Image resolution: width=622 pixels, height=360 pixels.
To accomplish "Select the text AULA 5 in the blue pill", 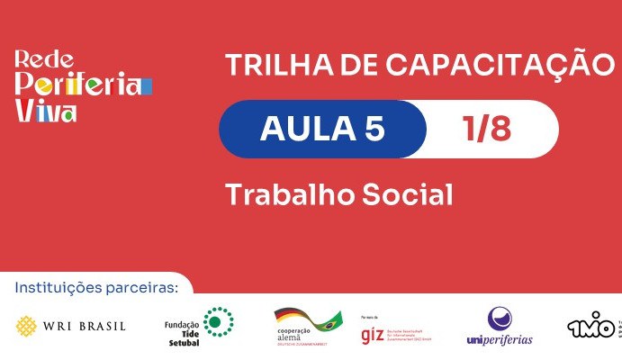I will pos(322,130).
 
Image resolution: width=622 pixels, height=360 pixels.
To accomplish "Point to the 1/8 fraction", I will pos(487,130).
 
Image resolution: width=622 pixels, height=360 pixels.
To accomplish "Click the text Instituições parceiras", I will pos(96,288).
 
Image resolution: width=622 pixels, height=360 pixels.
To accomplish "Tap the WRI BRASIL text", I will pos(86,326).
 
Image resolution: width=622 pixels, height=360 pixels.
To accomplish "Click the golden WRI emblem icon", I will pos(29,325).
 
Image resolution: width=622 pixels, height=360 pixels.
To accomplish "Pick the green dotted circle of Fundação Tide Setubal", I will pos(218,320).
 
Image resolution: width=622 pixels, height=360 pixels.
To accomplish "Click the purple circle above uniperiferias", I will pos(500,319).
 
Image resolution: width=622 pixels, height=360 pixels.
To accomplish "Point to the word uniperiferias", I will pos(500,340).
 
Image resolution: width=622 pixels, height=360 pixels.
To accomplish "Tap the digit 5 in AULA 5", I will pos(374,130).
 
